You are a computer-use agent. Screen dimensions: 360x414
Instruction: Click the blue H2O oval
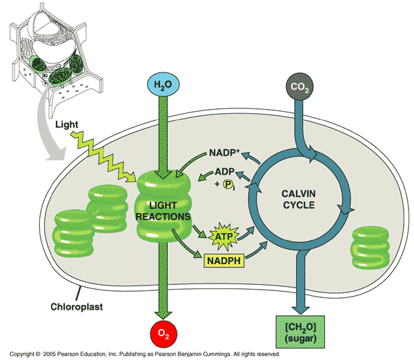[x=163, y=86]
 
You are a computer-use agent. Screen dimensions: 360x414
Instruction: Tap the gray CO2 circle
[x=299, y=88]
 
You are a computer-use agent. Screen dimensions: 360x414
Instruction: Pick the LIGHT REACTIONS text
[x=163, y=210]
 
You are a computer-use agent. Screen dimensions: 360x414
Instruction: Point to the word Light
[x=68, y=126]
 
